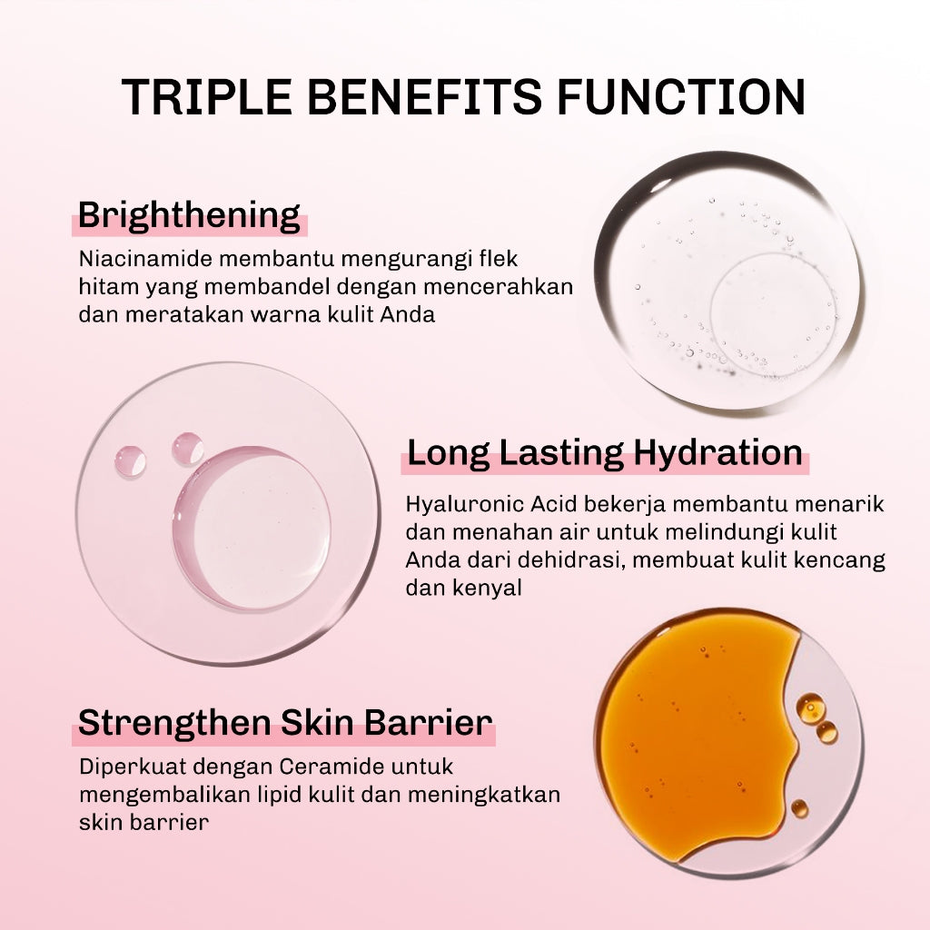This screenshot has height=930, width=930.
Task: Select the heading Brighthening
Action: (189, 216)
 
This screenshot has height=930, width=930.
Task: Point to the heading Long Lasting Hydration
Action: (604, 452)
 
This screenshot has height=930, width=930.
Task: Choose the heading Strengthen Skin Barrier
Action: (285, 724)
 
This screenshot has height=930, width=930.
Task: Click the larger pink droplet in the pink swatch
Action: (188, 449)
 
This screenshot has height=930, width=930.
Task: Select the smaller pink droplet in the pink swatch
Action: (130, 461)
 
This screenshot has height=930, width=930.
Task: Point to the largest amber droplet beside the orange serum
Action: (809, 706)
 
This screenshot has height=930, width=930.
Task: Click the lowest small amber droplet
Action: (799, 807)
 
